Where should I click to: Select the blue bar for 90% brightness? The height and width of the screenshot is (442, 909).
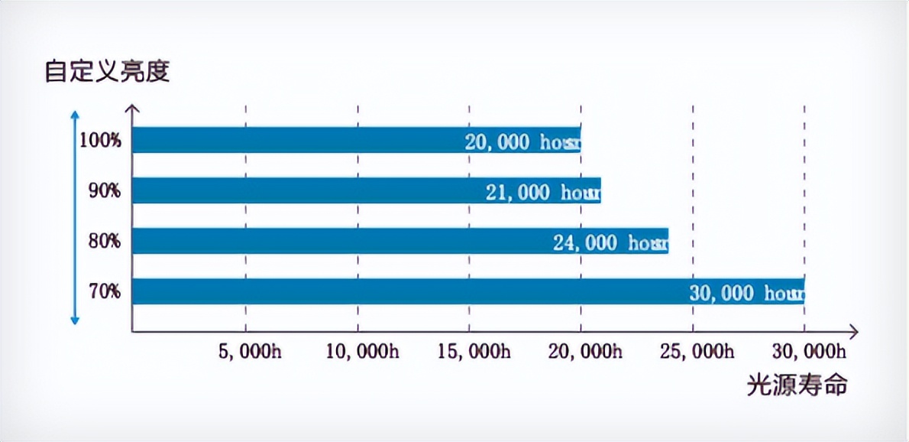[306, 190]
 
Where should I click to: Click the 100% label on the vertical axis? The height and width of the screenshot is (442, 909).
[99, 141]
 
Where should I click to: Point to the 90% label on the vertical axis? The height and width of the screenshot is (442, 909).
[104, 191]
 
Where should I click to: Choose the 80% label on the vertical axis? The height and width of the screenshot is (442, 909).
[104, 242]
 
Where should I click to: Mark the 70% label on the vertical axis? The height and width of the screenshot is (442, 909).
[104, 292]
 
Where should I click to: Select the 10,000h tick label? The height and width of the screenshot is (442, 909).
[362, 352]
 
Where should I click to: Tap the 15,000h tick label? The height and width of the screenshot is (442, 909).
[474, 352]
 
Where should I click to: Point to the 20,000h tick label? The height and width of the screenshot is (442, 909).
[585, 352]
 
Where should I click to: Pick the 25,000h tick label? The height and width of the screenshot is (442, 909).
[697, 352]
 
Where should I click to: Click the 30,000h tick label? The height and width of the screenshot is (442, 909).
[809, 352]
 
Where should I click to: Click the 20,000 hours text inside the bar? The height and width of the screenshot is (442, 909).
[523, 142]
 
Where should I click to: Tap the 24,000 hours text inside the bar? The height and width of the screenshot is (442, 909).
[611, 243]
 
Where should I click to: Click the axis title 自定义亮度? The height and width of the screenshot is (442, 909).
[107, 72]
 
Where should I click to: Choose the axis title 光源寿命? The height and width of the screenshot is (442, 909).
[797, 385]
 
